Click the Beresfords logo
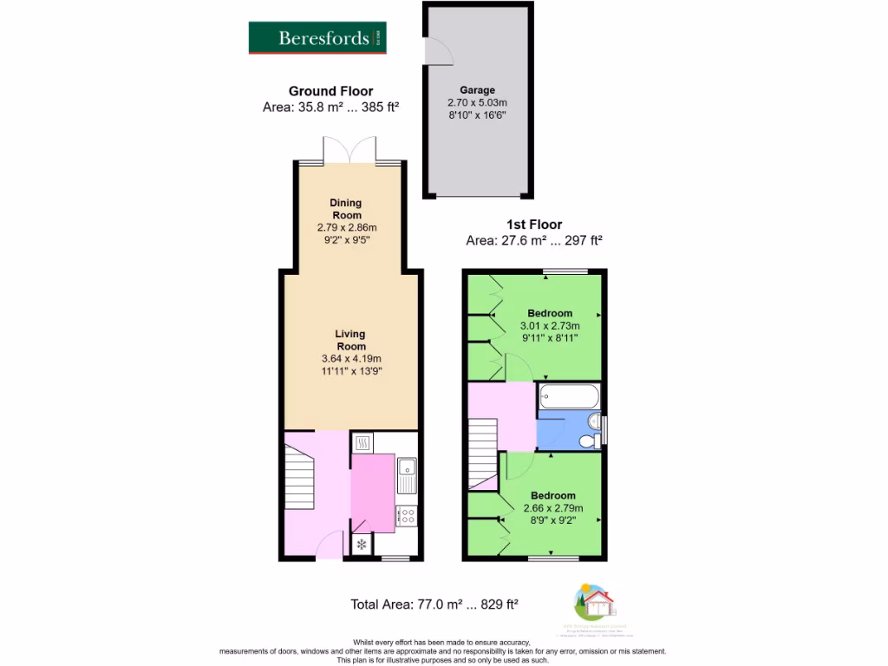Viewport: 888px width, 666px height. [x=318, y=37]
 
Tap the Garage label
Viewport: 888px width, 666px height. [x=477, y=90]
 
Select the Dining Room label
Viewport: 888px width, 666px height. [x=346, y=209]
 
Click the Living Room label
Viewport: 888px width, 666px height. [x=350, y=340]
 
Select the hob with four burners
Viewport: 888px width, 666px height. [x=405, y=516]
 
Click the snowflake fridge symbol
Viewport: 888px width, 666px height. [x=362, y=545]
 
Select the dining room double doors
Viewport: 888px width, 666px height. [x=350, y=150]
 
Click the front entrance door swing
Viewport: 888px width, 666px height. [x=330, y=546]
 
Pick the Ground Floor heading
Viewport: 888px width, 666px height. [x=330, y=91]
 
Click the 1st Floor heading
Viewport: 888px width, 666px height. [x=534, y=225]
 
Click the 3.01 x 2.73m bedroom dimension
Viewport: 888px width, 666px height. [x=549, y=325]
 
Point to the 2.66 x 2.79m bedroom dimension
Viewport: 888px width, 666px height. [x=553, y=508]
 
